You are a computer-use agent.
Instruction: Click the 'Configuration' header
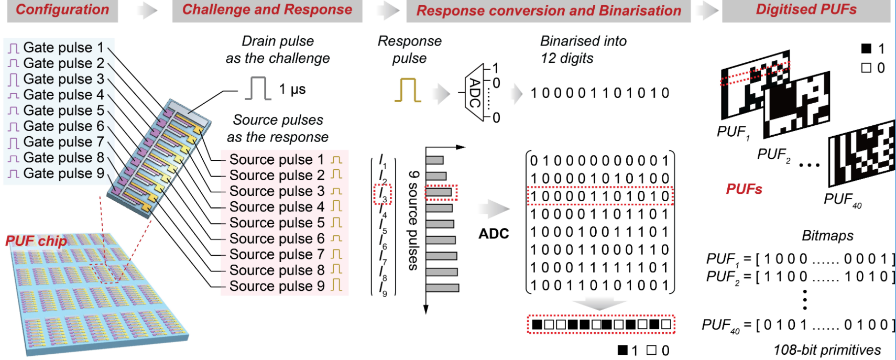click(62, 10)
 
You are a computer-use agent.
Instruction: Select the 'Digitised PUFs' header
click(806, 10)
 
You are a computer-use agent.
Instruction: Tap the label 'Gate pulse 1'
click(63, 48)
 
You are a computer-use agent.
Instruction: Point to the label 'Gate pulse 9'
click(63, 173)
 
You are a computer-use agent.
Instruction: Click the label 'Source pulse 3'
click(277, 191)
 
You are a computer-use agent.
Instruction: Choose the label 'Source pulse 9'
click(277, 286)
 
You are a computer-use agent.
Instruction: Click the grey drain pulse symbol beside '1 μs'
click(258, 89)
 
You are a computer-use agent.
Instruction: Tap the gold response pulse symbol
click(408, 90)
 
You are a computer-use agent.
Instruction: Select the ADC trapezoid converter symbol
click(474, 93)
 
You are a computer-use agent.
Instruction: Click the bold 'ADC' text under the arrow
click(494, 234)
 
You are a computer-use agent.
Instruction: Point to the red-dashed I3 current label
click(383, 194)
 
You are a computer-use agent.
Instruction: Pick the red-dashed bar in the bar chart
click(441, 192)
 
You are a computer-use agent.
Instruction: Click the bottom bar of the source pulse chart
click(442, 288)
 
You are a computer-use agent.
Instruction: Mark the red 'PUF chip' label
click(36, 241)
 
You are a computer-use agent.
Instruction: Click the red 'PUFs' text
click(744, 189)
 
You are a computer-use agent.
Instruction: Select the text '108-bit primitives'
click(827, 350)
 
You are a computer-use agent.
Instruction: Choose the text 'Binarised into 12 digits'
click(583, 50)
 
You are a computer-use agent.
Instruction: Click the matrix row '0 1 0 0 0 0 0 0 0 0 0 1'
click(599, 161)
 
